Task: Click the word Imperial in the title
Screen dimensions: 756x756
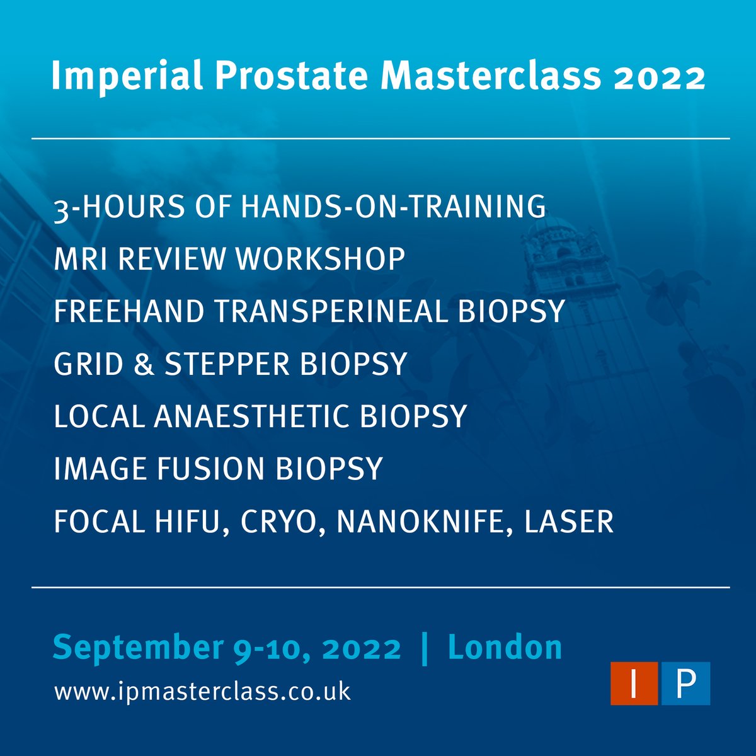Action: (127, 77)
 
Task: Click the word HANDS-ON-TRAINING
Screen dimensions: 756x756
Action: (394, 207)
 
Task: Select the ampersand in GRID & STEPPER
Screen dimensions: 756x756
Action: (144, 364)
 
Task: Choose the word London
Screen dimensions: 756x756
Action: (505, 648)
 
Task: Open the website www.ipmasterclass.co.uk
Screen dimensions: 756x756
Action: (202, 691)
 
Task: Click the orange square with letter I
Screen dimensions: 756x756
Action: (634, 684)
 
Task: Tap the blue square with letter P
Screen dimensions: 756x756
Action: (685, 684)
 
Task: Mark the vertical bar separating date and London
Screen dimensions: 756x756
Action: (424, 648)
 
